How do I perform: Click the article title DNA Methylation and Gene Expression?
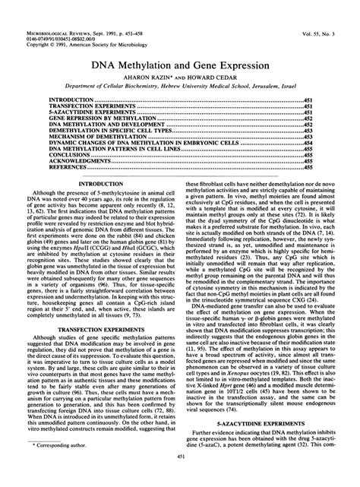tap(180, 65)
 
